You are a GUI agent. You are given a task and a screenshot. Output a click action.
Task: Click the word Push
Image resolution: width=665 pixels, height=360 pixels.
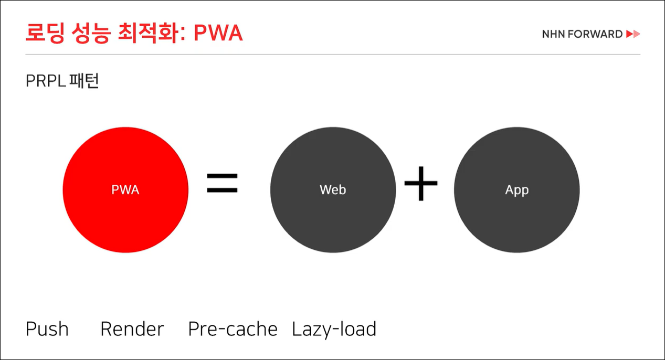click(x=47, y=329)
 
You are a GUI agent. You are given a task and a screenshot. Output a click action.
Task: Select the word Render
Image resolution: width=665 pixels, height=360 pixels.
click(x=132, y=329)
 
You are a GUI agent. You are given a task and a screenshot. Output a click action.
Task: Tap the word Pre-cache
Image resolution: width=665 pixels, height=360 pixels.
click(x=233, y=329)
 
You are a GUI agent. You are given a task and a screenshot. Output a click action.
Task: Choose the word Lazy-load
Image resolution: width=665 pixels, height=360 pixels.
click(x=334, y=329)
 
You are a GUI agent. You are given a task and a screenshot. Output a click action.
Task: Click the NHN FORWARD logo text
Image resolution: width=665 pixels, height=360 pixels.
click(x=582, y=35)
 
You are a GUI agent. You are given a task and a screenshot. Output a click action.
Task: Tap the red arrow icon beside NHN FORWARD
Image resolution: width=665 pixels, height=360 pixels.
click(x=633, y=35)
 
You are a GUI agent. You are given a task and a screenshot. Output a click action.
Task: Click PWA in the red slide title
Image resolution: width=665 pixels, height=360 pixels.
click(x=218, y=33)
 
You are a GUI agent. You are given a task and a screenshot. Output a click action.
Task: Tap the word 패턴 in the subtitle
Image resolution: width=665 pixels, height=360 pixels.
click(x=84, y=81)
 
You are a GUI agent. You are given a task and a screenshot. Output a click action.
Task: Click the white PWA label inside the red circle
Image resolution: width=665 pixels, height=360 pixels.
click(x=125, y=189)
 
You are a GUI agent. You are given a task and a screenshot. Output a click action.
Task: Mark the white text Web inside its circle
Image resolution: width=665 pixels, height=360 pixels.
click(x=333, y=189)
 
